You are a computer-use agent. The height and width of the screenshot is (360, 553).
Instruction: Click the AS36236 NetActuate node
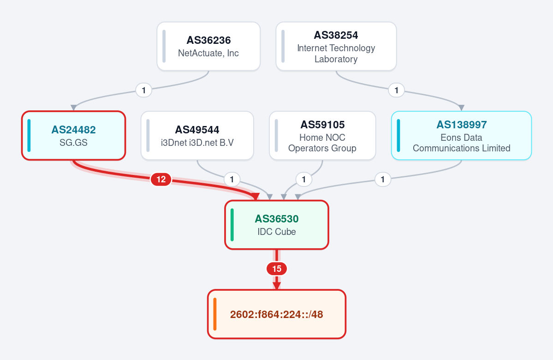(208, 46)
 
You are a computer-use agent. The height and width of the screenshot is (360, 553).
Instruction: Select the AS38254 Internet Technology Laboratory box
(336, 46)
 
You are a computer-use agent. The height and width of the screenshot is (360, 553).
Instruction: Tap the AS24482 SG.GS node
(73, 136)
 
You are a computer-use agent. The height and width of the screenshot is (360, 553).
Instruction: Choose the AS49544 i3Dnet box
(197, 136)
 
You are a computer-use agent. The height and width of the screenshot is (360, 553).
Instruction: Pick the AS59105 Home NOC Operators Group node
(322, 136)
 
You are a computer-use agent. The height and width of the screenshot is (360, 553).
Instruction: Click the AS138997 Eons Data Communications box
(461, 136)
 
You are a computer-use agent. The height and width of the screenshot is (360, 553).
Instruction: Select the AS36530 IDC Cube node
(277, 225)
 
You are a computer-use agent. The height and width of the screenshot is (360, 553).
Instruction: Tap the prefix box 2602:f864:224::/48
(277, 314)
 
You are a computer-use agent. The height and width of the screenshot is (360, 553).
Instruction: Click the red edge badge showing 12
(161, 179)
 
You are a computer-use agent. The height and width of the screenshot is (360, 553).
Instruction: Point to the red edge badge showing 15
(277, 269)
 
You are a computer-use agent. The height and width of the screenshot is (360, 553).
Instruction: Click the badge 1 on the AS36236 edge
(143, 90)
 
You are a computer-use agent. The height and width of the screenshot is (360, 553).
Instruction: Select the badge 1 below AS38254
(396, 90)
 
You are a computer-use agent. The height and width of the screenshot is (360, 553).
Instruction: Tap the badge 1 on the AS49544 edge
(232, 179)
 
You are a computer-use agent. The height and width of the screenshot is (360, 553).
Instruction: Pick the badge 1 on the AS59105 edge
(303, 179)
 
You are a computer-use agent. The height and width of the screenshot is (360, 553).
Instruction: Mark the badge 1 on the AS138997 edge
(383, 179)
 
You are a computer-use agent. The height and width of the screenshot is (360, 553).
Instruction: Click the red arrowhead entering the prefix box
(277, 286)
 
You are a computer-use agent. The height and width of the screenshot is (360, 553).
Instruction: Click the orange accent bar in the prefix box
(215, 314)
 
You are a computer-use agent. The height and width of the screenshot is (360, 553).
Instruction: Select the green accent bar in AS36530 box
(232, 225)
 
